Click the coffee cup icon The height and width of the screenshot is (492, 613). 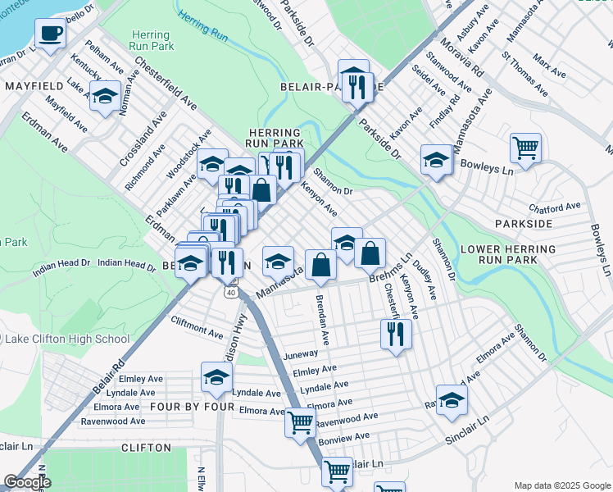50,34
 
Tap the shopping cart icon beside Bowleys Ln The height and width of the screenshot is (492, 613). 525,148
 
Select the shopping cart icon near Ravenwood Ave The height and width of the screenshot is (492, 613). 301,422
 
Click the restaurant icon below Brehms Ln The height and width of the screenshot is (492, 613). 395,334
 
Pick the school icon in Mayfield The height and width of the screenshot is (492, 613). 105,96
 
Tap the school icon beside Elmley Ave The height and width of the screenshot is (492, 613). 216,377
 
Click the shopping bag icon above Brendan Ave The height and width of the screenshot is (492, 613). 320,264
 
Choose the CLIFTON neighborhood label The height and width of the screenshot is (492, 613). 146,448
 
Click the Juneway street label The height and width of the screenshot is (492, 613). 299,354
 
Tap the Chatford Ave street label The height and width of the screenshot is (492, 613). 556,206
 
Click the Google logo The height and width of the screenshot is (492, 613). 27,482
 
